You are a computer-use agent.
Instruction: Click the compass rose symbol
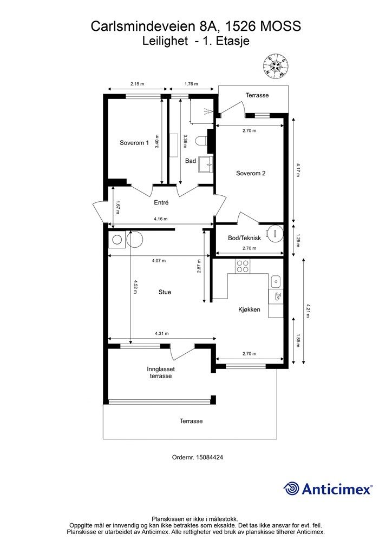[x=276, y=66]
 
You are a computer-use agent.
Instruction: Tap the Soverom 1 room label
[x=134, y=143]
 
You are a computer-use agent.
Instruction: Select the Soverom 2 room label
[x=251, y=173]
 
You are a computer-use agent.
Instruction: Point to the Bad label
[x=191, y=161]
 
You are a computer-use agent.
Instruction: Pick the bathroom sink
[x=206, y=164]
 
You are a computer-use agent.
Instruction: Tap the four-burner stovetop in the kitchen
[x=243, y=266]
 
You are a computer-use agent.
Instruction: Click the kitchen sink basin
[x=276, y=281]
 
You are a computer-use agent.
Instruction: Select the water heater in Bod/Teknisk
[x=275, y=233]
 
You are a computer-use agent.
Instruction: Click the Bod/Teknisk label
[x=244, y=238]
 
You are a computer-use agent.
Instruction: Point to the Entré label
[x=161, y=202]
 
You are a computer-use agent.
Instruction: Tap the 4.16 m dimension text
[x=160, y=219]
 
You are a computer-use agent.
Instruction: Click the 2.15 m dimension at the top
[x=137, y=84]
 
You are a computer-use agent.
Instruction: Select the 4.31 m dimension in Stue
[x=161, y=333]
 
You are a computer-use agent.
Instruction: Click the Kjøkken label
[x=249, y=309]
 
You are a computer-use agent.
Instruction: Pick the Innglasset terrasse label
[x=161, y=372]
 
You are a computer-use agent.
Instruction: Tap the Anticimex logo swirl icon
[x=291, y=489]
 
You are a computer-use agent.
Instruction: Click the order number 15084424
[x=209, y=457]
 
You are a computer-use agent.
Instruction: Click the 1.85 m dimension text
[x=298, y=341]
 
